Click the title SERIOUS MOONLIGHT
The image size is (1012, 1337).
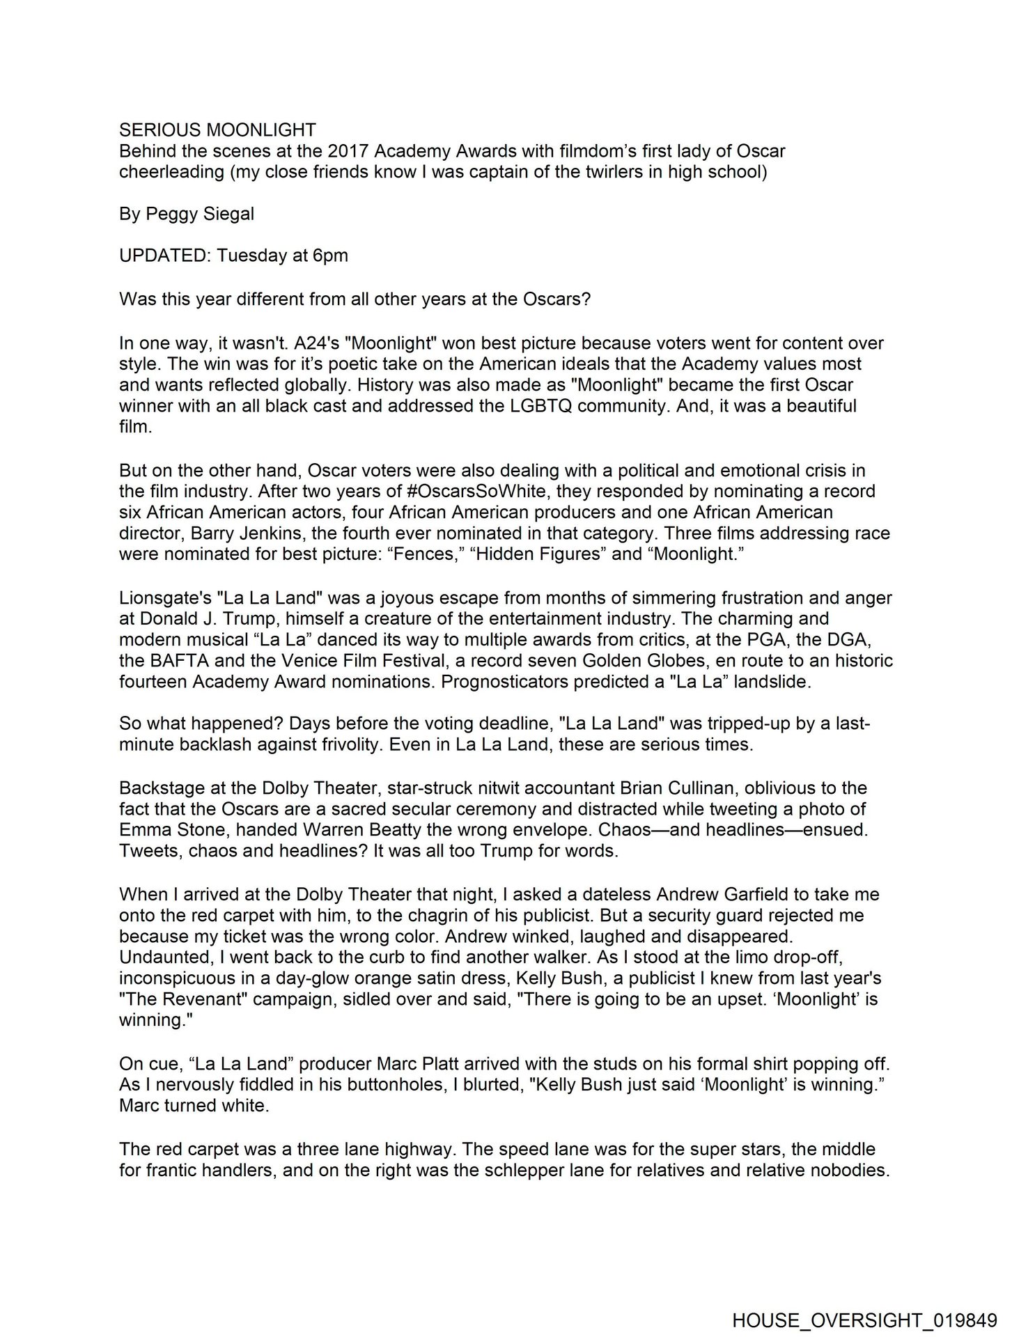[x=217, y=130]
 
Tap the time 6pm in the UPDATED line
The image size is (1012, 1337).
[x=330, y=256]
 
